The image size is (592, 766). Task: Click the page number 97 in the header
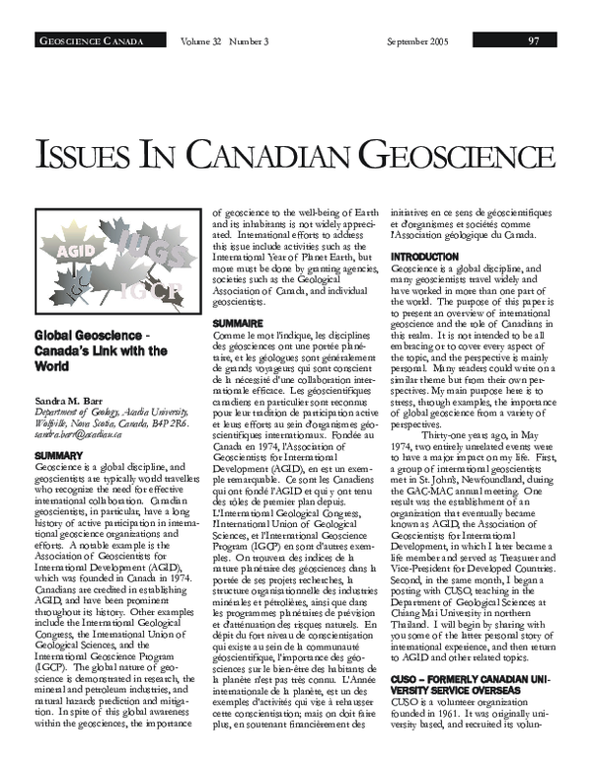coord(533,40)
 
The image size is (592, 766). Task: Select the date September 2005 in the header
coord(418,40)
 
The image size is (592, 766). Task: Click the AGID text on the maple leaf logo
coord(75,250)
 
